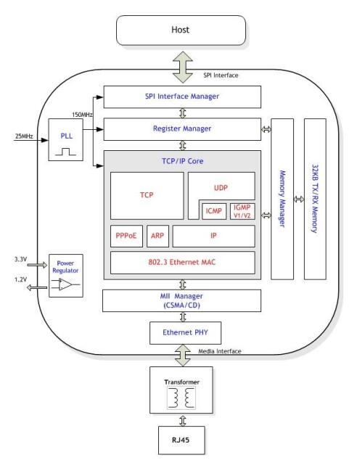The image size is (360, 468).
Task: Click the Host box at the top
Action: (179, 29)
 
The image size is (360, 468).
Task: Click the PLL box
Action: (67, 139)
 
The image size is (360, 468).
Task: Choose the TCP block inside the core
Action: (146, 195)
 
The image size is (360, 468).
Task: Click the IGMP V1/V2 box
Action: (242, 210)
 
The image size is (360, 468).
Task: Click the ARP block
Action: (159, 236)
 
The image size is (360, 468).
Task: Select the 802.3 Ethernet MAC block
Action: (182, 262)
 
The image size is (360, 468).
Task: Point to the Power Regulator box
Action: (65, 276)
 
